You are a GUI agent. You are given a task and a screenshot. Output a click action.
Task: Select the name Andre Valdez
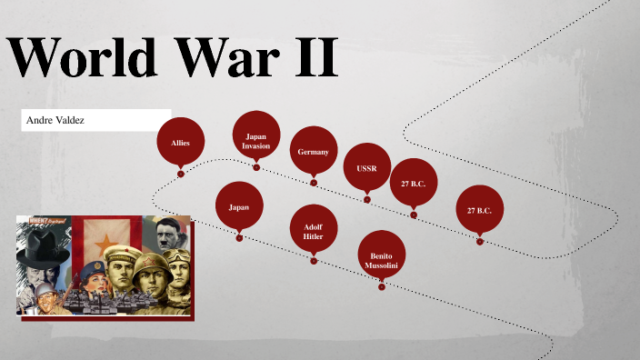[55, 120]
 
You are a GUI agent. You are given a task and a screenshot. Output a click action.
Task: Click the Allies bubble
[180, 143]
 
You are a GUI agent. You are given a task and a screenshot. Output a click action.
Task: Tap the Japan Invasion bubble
[255, 140]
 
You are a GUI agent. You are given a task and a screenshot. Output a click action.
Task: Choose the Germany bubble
[313, 152]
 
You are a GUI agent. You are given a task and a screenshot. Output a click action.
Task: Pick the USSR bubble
[366, 168]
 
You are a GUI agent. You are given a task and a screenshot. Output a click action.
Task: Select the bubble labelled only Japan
[238, 206]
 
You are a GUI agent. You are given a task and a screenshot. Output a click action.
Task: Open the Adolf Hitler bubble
[313, 230]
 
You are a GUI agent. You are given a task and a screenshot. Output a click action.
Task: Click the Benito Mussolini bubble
[381, 255]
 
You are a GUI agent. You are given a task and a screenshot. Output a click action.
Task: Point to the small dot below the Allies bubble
[181, 174]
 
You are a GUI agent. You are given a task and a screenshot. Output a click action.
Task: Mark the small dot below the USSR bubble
[367, 199]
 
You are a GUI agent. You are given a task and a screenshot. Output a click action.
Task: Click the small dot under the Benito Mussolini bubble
[382, 286]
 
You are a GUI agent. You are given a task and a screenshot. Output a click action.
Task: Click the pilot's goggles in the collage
[178, 256]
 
